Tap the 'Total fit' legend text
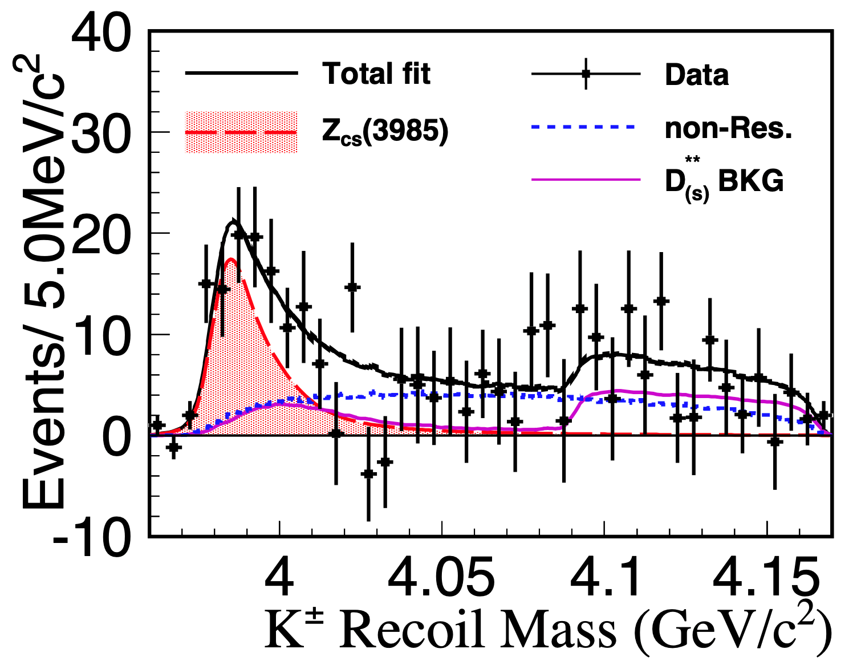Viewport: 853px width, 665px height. point(376,74)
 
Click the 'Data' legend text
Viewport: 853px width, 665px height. point(697,75)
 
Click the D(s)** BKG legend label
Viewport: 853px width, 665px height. point(724,181)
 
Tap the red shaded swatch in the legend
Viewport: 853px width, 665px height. point(241,132)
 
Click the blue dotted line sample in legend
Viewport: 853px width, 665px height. point(583,127)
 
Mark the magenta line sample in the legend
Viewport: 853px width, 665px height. point(586,180)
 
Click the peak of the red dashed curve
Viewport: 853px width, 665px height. point(230,259)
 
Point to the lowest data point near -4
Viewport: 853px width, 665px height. point(368,473)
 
